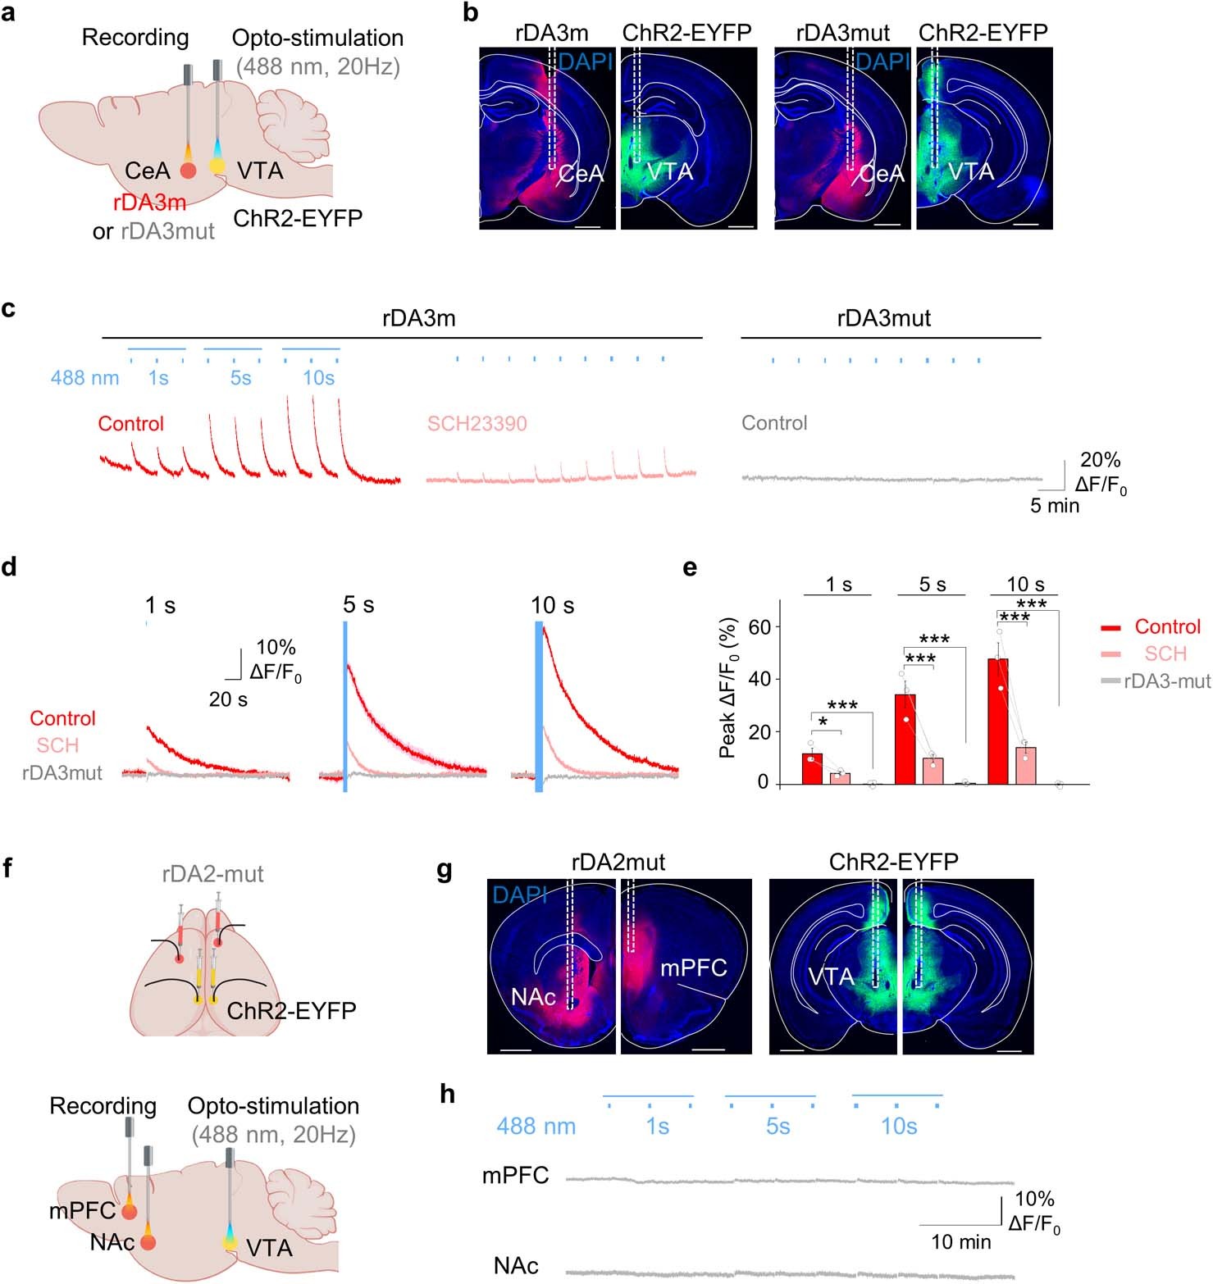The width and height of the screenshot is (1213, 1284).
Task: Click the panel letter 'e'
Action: (691, 567)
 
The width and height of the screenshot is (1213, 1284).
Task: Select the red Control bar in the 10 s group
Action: (997, 722)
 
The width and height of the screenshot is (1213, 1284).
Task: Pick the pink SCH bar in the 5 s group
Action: (933, 771)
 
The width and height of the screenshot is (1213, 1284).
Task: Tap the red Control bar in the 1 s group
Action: (812, 769)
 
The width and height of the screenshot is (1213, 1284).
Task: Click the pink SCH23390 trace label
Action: (477, 424)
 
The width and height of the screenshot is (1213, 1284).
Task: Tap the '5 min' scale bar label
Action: (1055, 506)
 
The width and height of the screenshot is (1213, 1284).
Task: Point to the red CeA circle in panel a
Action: (188, 171)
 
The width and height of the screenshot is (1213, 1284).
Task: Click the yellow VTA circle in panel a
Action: (217, 166)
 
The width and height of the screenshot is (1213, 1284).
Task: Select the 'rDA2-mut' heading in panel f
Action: (212, 874)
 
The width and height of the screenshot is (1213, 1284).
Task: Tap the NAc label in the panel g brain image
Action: (533, 997)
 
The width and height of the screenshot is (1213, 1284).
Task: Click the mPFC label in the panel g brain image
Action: (694, 968)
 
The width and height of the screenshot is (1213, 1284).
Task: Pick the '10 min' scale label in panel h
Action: (960, 1242)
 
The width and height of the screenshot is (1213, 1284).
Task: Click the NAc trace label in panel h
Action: (516, 1266)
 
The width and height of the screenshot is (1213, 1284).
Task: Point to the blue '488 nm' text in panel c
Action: (84, 378)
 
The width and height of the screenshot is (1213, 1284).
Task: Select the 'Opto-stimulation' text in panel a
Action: (317, 39)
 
